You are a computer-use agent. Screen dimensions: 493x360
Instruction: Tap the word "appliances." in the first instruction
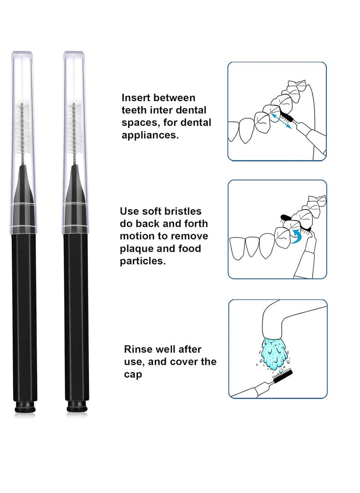pyautogui.click(x=150, y=135)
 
